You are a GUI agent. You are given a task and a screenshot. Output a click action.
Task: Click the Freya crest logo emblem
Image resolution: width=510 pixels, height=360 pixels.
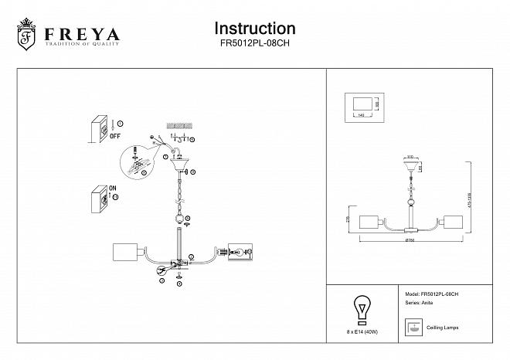tap(26, 36)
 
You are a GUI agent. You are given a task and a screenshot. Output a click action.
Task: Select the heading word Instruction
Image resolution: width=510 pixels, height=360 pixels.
tap(254, 29)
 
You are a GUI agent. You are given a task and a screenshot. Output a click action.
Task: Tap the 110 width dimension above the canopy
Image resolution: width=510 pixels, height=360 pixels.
tap(410, 156)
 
